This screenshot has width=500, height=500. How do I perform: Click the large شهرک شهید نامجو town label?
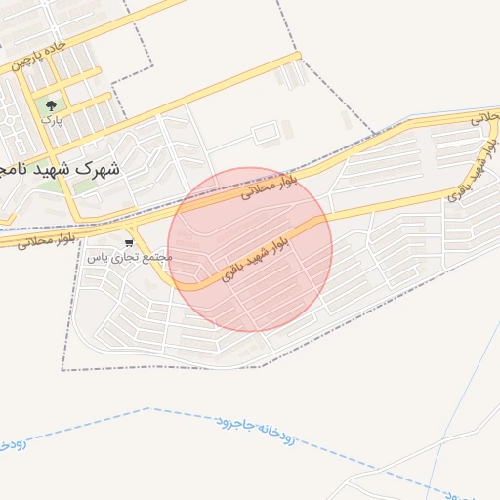(x=61, y=169)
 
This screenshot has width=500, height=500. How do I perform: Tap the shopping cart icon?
(x=129, y=242)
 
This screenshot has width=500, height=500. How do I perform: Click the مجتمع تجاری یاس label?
(x=129, y=258)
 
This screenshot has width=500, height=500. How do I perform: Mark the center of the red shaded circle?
(x=250, y=249)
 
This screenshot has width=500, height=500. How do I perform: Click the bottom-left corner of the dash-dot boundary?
(x=62, y=370)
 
